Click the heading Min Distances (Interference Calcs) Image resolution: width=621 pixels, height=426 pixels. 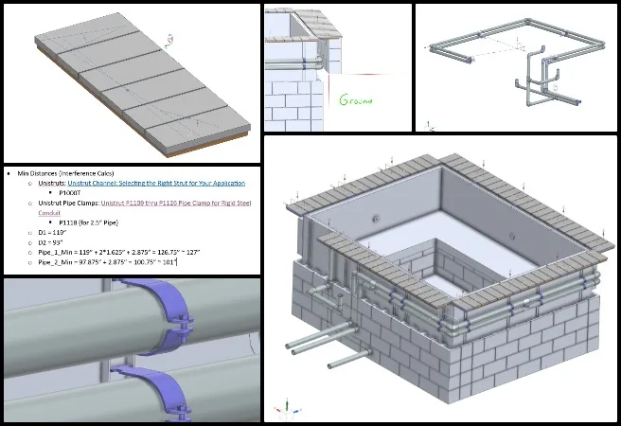(71, 174)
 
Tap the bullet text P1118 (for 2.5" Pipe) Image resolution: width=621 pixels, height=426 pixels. (96, 222)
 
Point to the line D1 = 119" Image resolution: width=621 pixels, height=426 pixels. (53, 232)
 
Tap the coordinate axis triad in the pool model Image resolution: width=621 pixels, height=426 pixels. (280, 410)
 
